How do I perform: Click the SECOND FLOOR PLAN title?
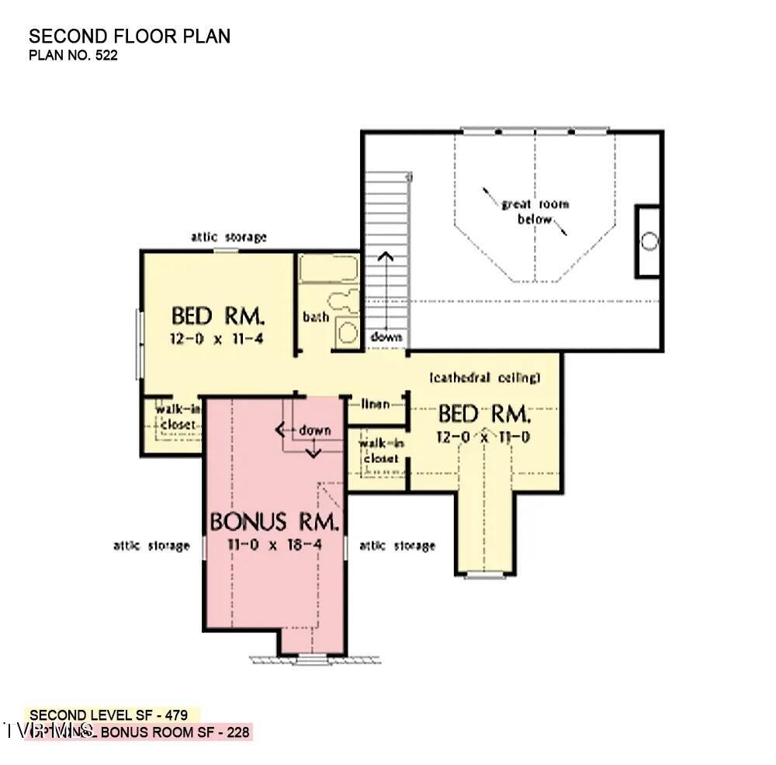(x=130, y=37)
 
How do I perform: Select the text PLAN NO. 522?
(x=74, y=56)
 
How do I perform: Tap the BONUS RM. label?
(x=274, y=522)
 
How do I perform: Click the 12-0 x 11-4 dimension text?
(x=218, y=339)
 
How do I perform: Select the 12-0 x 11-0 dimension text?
(x=484, y=436)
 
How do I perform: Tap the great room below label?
(x=535, y=211)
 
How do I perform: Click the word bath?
(x=316, y=317)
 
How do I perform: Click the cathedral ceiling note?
(x=484, y=377)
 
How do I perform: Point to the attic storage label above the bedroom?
(x=229, y=237)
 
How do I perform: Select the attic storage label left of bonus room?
(x=151, y=546)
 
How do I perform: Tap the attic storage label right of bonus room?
(x=397, y=546)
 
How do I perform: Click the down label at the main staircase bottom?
(x=386, y=337)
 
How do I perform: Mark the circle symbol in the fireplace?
(x=650, y=242)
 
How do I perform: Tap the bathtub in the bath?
(x=328, y=269)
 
